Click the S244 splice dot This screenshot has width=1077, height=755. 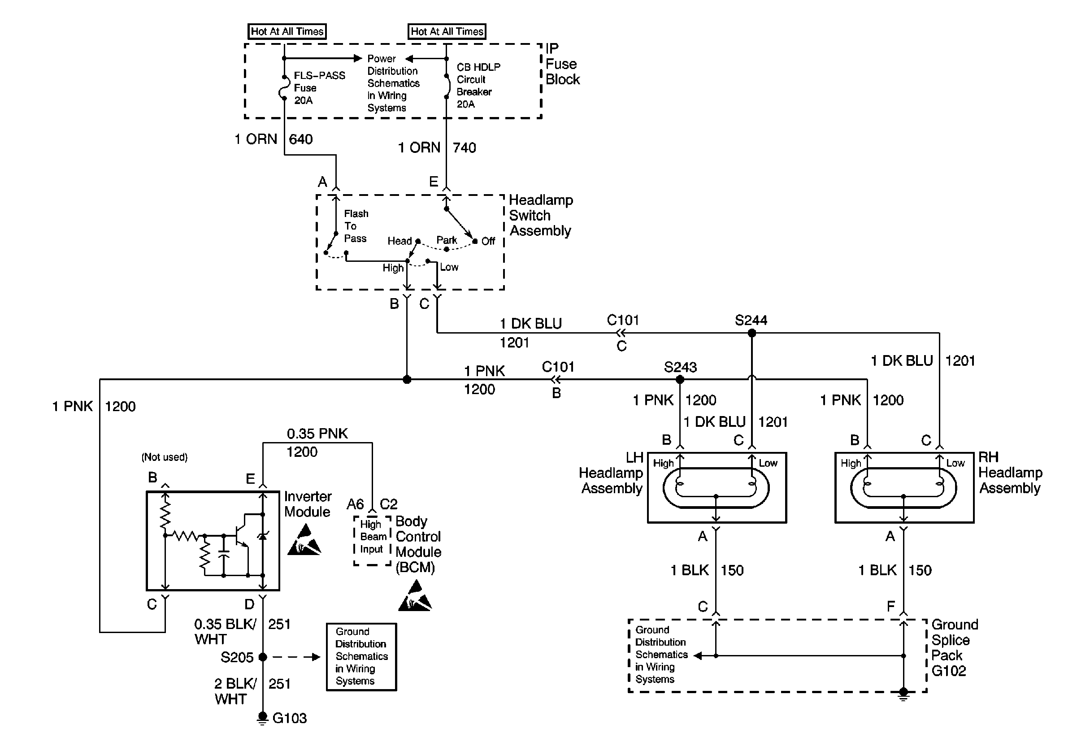(x=751, y=333)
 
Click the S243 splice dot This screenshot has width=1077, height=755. (x=680, y=379)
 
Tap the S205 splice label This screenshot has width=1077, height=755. (x=237, y=657)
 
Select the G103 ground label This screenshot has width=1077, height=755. (x=289, y=718)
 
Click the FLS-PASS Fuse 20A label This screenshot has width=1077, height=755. (x=319, y=88)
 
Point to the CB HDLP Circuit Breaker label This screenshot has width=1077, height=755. (x=478, y=85)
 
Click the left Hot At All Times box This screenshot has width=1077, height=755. (x=287, y=31)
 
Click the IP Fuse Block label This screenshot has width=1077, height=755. (x=562, y=64)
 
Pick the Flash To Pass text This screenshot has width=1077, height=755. (x=356, y=226)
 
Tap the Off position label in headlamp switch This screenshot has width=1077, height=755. (x=488, y=241)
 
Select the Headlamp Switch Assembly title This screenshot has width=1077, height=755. (x=540, y=215)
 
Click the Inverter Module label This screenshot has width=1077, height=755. (x=307, y=504)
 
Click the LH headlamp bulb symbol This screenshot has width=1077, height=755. (x=716, y=488)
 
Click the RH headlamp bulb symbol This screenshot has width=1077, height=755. (x=903, y=488)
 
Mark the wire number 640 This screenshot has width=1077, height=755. (x=301, y=139)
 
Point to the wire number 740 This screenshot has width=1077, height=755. (x=465, y=148)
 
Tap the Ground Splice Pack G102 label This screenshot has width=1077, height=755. (x=954, y=647)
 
